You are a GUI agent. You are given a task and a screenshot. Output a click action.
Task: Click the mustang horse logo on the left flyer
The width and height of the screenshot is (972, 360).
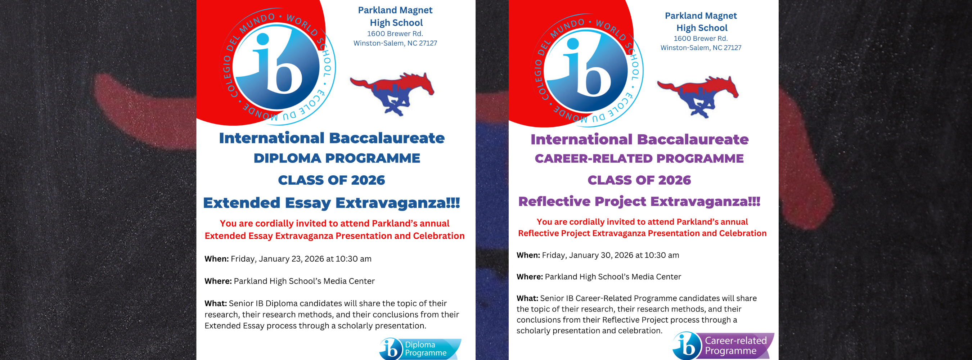pos(392,93)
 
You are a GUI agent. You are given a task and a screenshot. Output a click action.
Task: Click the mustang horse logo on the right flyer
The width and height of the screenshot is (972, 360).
pos(698,96)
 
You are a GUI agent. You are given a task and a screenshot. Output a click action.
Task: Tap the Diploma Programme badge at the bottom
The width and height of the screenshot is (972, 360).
pos(420,349)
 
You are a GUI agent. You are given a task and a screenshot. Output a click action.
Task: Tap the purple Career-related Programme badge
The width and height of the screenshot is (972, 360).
pos(724,346)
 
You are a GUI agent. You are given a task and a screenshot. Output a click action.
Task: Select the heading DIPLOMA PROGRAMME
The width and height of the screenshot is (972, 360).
pos(337,158)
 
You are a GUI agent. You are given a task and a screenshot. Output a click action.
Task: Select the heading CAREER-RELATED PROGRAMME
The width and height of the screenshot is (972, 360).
pos(639,158)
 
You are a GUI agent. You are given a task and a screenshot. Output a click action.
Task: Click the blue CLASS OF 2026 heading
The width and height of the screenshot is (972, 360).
pos(331,180)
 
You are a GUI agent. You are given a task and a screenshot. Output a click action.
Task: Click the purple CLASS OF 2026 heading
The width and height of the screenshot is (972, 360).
pos(639,180)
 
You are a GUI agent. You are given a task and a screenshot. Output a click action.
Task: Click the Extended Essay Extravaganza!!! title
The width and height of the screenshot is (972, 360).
pos(331,203)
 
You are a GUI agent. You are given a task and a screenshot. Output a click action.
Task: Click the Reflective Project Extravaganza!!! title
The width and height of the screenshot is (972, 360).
pos(639,202)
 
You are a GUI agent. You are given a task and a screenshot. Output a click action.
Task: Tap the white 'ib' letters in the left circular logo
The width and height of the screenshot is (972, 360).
pos(277,66)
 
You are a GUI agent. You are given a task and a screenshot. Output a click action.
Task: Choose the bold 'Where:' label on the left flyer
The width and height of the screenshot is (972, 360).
pos(218,281)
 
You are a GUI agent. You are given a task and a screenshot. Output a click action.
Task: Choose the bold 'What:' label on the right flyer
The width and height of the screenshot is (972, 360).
pos(527,298)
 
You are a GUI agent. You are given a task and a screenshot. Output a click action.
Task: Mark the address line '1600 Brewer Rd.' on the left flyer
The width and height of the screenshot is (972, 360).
pos(395,33)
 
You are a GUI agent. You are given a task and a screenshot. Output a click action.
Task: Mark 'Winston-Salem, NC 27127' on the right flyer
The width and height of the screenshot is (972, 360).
pos(701,48)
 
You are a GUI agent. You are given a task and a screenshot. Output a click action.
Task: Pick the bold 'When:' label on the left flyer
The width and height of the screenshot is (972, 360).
pos(217,259)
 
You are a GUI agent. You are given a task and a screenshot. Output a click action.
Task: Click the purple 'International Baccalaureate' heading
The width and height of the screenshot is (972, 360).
pos(639,139)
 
